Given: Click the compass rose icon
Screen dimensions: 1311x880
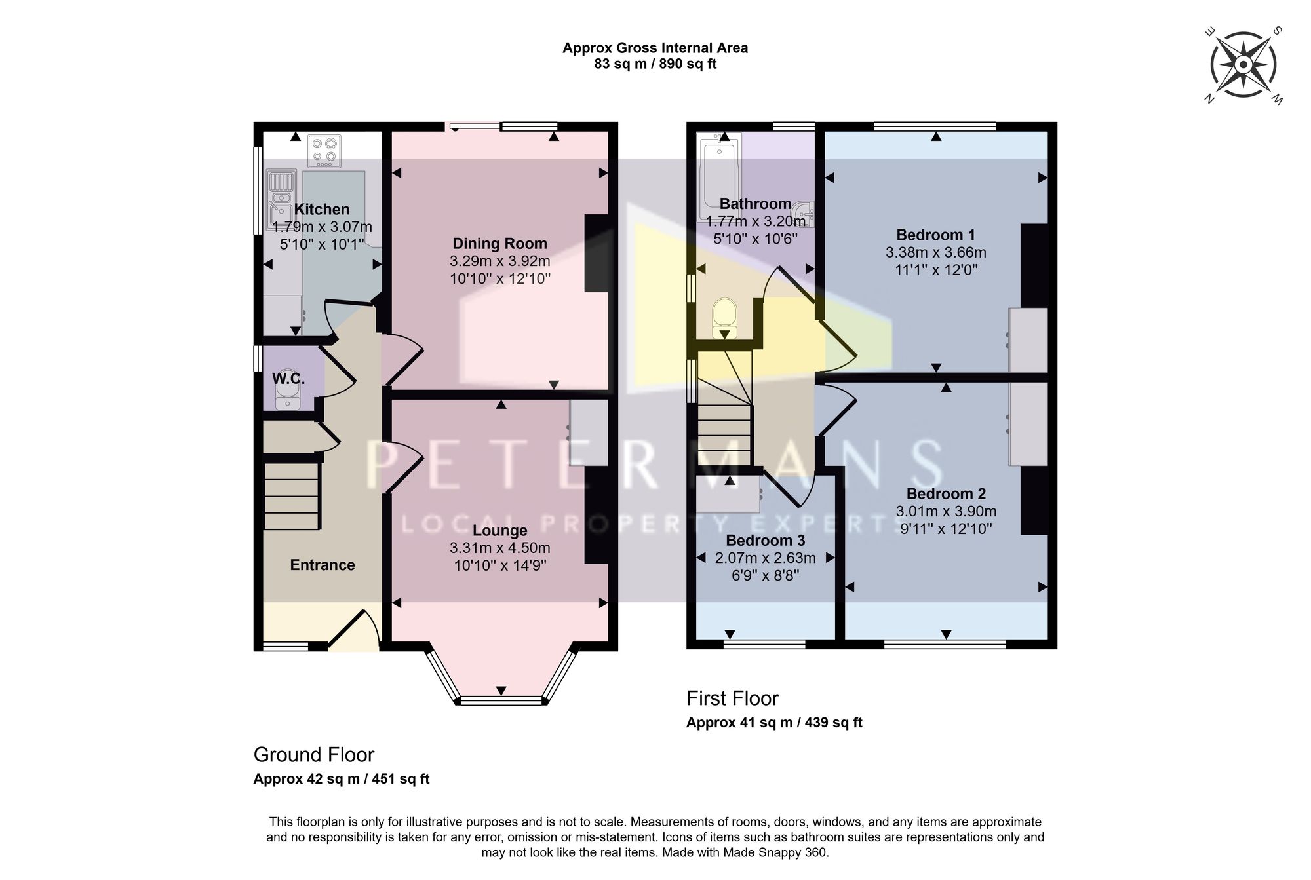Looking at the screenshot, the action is (x=1243, y=65).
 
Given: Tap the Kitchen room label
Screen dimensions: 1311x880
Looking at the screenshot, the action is (x=321, y=210).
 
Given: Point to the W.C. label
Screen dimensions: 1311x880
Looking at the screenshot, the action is (x=288, y=379).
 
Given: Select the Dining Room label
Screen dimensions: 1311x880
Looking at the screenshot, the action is (x=499, y=244).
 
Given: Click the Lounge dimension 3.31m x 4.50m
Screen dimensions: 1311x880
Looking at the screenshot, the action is (x=500, y=548).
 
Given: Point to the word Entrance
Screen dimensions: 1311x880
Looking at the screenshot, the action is (x=323, y=565).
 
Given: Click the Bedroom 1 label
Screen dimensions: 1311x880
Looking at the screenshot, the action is (x=936, y=235).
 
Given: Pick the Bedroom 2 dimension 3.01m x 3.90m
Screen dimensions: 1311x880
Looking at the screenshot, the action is (x=946, y=511).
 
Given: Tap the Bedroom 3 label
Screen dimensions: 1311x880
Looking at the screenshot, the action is (x=766, y=541).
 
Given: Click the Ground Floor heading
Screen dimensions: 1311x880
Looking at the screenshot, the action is (x=314, y=755).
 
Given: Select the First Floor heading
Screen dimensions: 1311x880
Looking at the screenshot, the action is (x=732, y=698).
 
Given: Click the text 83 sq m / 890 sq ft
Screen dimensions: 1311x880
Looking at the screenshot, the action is (x=655, y=64).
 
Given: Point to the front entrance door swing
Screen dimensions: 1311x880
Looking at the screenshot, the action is (x=354, y=630).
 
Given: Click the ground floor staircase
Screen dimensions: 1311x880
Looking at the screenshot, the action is (x=292, y=495).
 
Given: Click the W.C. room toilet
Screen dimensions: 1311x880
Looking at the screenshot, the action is (x=288, y=394).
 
